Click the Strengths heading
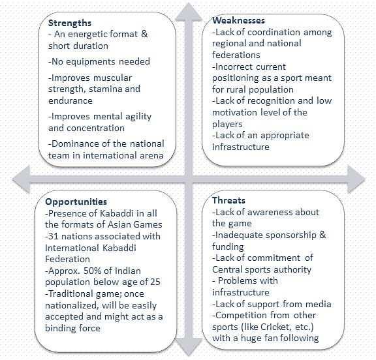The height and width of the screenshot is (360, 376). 70,23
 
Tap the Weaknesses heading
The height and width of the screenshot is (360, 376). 239,20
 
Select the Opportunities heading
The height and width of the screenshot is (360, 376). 76,202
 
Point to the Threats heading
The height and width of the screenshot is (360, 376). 228,200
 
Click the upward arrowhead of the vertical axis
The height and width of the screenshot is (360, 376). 189,12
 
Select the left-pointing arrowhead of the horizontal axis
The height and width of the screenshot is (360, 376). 22,179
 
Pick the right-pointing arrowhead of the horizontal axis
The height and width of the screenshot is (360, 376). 356,179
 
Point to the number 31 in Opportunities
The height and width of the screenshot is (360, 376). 54,236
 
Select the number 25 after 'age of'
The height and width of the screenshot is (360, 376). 155,282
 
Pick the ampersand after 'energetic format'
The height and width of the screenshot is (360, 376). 144,34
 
